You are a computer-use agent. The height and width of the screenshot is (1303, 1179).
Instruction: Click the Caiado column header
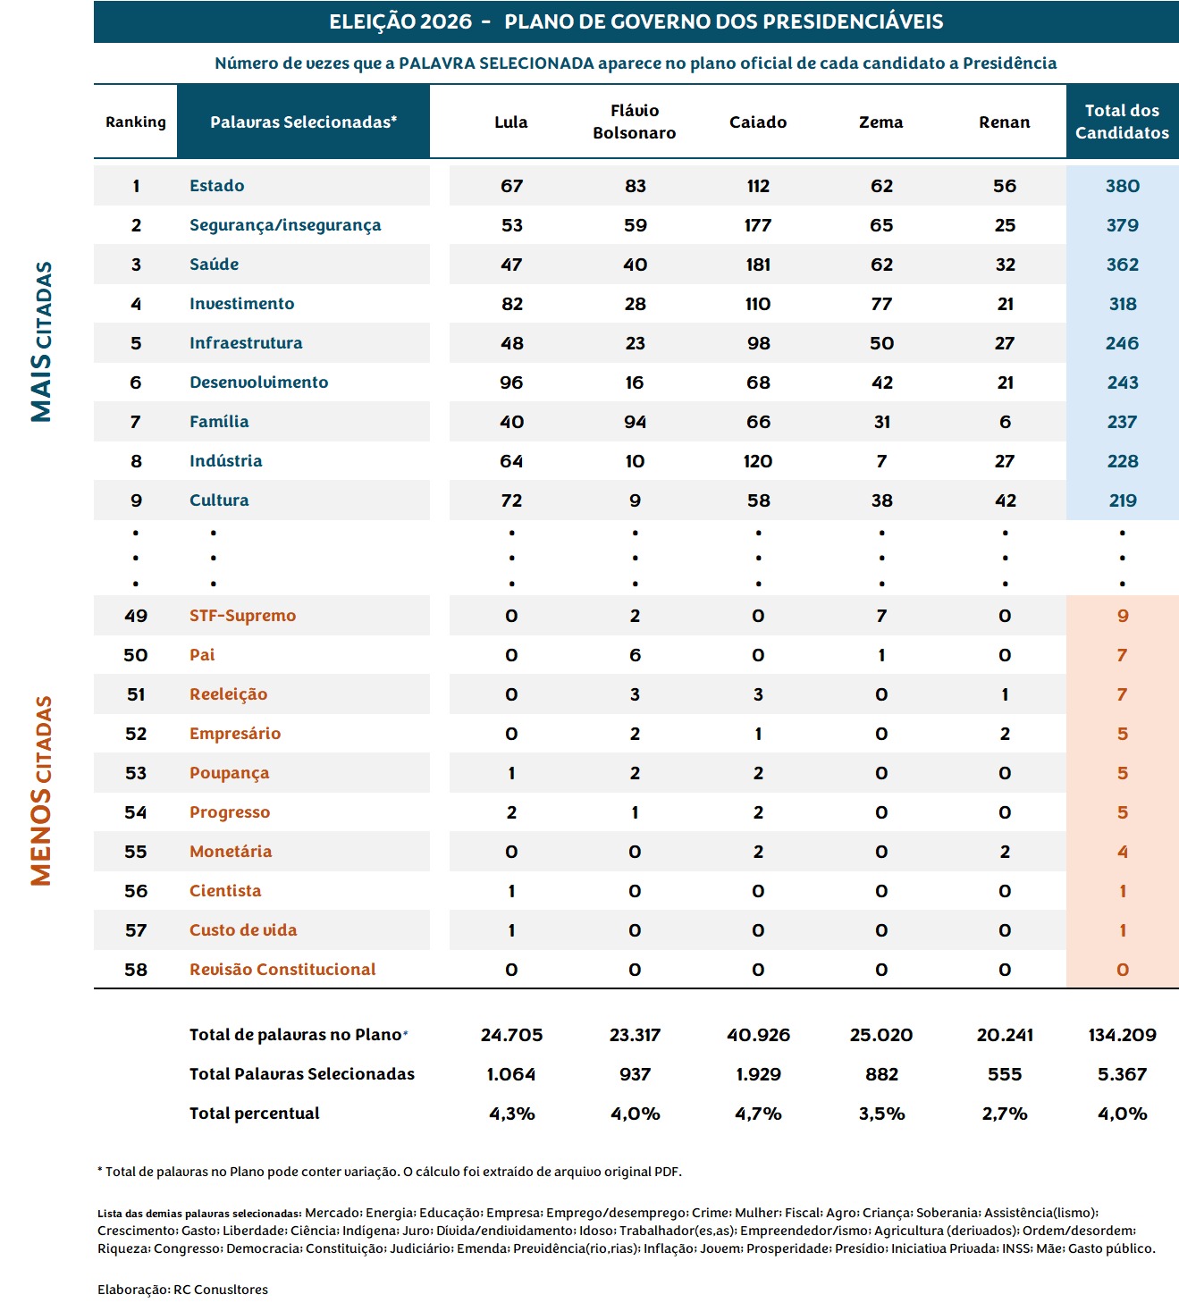click(758, 122)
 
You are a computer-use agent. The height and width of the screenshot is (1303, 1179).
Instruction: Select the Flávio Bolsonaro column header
click(635, 122)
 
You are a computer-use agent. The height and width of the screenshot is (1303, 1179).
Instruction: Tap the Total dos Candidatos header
click(1122, 122)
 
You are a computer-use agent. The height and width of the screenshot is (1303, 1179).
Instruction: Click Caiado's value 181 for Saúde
click(758, 265)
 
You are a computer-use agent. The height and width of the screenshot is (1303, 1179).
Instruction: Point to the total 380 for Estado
click(1123, 186)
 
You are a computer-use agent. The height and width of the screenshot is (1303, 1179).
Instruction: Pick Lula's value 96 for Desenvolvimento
click(511, 382)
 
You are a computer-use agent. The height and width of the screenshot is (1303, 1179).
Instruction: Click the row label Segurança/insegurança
click(285, 225)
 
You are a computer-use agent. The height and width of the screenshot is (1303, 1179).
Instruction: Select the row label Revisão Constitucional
click(282, 969)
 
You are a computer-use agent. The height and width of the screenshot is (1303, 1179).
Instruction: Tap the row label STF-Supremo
click(242, 615)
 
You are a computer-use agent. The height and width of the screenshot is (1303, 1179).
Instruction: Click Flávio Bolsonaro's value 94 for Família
click(635, 422)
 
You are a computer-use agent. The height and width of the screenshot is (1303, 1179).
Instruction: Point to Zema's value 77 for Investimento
click(881, 304)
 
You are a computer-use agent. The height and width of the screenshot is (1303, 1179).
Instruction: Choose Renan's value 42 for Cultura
click(1005, 500)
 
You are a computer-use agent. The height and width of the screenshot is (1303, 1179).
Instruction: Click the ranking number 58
click(136, 970)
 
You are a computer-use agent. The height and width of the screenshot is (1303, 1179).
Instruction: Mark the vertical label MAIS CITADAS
click(41, 341)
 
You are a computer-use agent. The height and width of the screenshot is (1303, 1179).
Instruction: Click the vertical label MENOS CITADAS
click(41, 791)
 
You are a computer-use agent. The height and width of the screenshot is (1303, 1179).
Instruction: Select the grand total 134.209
click(1123, 1035)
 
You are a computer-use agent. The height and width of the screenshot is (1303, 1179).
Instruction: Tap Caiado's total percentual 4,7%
click(758, 1114)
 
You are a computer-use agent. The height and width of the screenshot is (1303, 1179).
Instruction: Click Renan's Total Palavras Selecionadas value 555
click(1005, 1074)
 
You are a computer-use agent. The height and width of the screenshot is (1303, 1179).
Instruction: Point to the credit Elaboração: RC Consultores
click(182, 1290)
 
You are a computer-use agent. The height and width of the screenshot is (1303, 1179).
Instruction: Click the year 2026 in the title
click(446, 21)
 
